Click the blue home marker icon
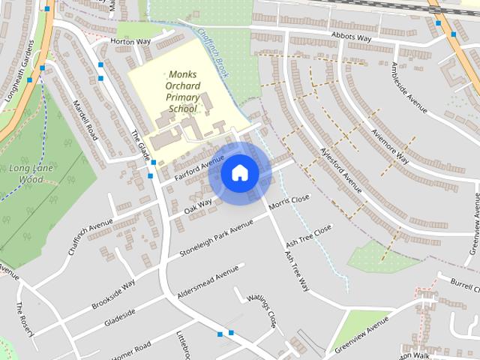coord(239,173)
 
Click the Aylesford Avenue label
coord(340,169)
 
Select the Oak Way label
coord(198,207)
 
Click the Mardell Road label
coord(83,120)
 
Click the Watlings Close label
coord(262,310)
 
